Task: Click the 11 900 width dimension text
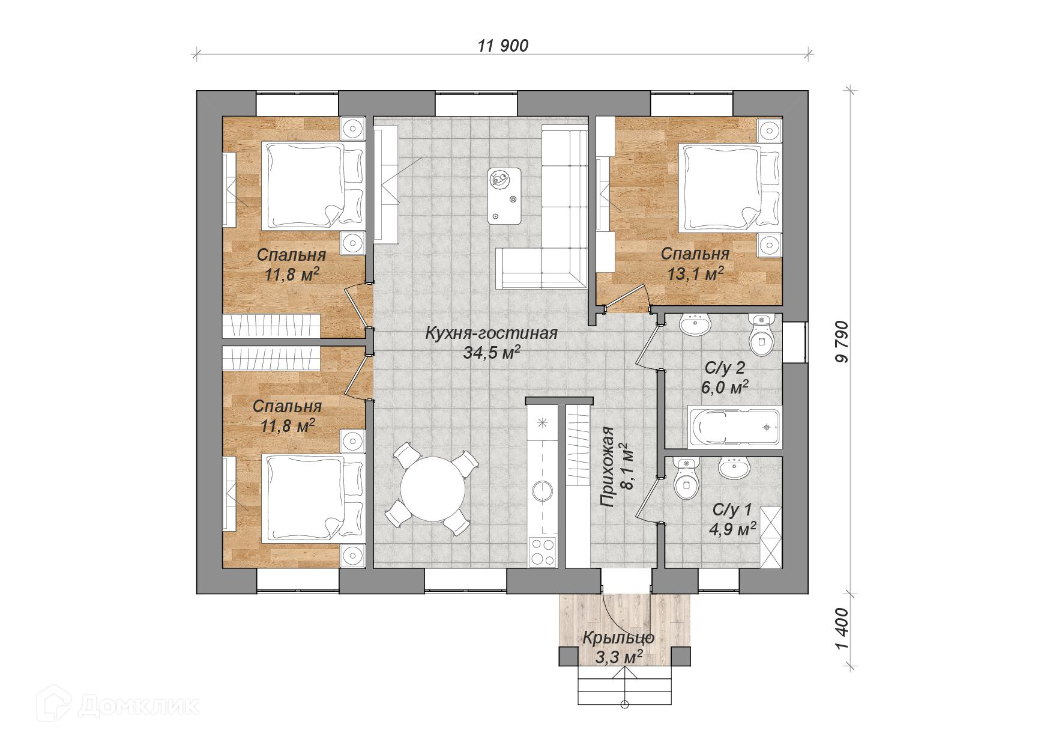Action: tap(503, 46)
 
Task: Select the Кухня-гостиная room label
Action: tap(492, 333)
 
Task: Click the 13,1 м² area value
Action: tap(695, 274)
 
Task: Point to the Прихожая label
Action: tap(608, 466)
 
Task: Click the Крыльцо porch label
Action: tap(618, 638)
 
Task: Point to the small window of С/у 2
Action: tap(794, 342)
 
